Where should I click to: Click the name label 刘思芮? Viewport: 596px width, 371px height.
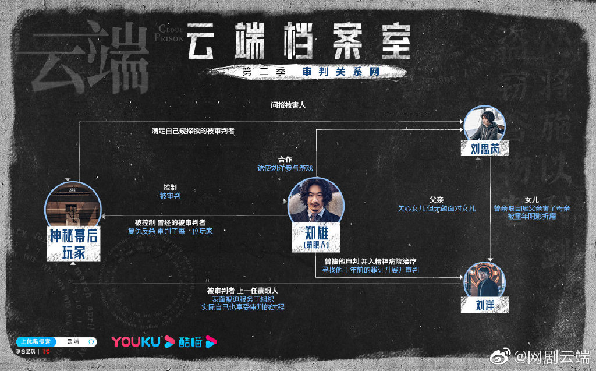point(484,149)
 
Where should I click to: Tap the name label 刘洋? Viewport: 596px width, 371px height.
point(485,303)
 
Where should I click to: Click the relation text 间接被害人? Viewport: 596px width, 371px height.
point(288,105)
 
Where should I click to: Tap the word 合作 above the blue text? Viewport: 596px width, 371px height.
point(285,159)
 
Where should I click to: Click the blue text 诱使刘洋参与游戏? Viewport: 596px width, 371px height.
point(285,168)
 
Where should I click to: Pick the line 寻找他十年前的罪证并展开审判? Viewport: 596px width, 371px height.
point(371,270)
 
